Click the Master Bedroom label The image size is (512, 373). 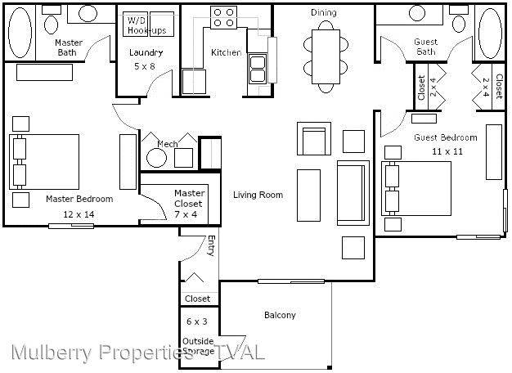tap(79, 199)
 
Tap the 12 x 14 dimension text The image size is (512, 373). tap(79, 214)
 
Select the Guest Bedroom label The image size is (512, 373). tap(446, 137)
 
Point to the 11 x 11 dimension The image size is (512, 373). tap(447, 151)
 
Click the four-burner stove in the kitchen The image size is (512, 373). tap(223, 17)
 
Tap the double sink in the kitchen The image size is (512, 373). tap(258, 69)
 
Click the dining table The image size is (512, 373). tap(326, 56)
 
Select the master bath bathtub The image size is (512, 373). tap(20, 33)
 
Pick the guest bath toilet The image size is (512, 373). tap(459, 20)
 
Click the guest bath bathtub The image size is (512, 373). tap(490, 34)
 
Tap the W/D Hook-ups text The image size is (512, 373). tap(146, 25)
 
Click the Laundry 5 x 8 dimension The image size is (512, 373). tap(144, 66)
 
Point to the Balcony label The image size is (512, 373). tap(280, 315)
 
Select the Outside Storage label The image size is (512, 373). tap(198, 346)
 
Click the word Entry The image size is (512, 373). tap(211, 245)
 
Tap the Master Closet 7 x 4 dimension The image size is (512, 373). tap(186, 214)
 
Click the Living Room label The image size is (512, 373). tap(258, 195)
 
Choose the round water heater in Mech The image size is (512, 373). tap(157, 158)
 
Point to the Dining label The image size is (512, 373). tap(324, 13)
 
